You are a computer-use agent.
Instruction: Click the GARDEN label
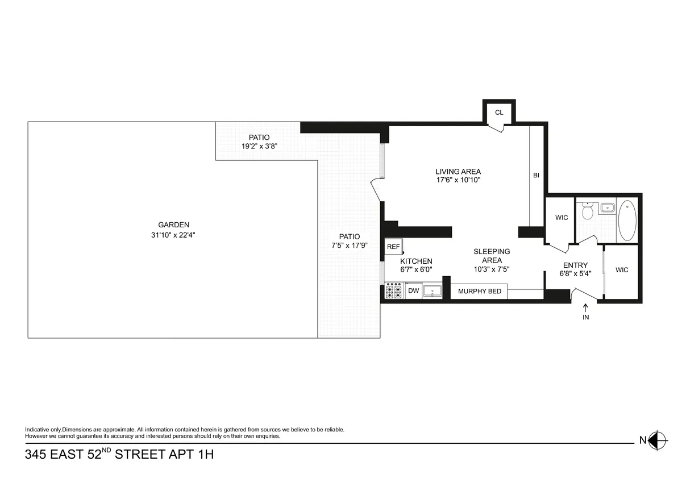click(174, 225)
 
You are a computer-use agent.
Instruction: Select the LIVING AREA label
click(458, 172)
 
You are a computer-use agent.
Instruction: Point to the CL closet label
click(499, 113)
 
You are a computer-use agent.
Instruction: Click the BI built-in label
click(536, 176)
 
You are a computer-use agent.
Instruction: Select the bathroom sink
click(607, 207)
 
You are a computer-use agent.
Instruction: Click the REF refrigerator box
click(393, 247)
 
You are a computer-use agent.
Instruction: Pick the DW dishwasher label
click(414, 291)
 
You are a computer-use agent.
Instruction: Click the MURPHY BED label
click(480, 291)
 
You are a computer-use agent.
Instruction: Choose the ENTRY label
click(575, 265)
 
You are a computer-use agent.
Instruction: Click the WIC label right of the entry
click(622, 270)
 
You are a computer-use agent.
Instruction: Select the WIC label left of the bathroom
click(561, 218)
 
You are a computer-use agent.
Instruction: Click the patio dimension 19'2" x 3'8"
click(259, 146)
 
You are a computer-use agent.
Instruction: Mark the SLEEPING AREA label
click(492, 256)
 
